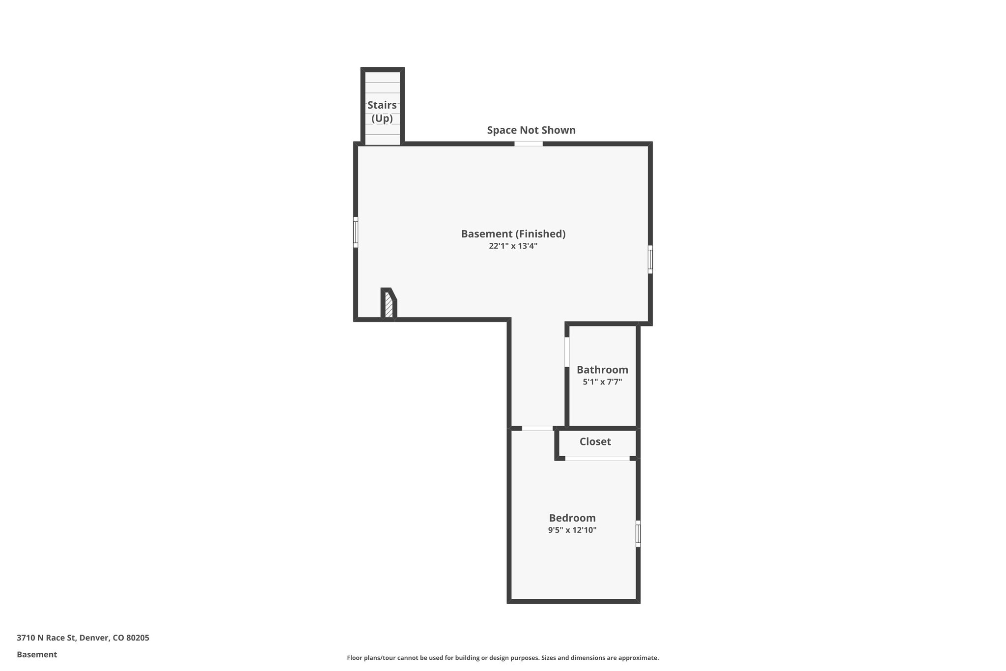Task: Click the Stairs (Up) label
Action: click(x=382, y=112)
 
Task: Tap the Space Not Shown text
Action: click(x=531, y=130)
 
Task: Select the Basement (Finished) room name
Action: click(x=513, y=234)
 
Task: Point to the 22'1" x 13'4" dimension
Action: click(x=513, y=246)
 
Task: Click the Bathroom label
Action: click(x=602, y=370)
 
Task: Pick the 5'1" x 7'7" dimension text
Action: click(x=602, y=382)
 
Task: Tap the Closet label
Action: click(x=595, y=441)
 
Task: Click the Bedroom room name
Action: click(x=572, y=518)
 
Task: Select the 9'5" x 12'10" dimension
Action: click(x=572, y=530)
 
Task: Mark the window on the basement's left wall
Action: click(x=356, y=232)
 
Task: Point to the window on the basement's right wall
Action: click(x=650, y=259)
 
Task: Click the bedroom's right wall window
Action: click(x=638, y=533)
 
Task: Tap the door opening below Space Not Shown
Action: click(x=529, y=144)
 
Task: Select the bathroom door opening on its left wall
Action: click(x=567, y=352)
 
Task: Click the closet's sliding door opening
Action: click(x=597, y=459)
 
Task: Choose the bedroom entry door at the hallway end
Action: click(x=537, y=429)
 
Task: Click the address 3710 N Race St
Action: click(x=83, y=638)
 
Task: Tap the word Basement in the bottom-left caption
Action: click(x=37, y=655)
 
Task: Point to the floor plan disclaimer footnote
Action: click(x=503, y=658)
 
